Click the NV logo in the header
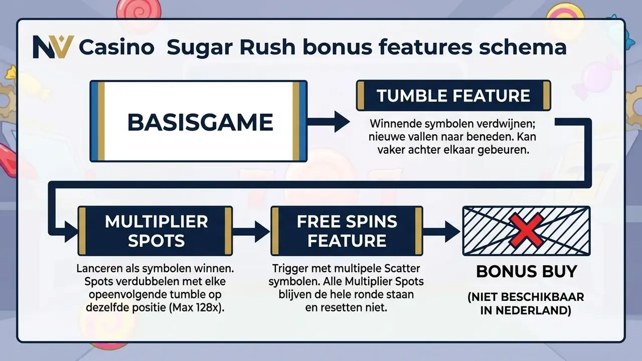[53, 47]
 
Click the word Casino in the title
[116, 47]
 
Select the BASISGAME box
[199, 121]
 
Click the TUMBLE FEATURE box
[453, 95]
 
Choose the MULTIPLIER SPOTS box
[155, 231]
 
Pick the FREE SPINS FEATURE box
[347, 231]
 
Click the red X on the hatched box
[526, 231]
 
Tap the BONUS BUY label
[527, 271]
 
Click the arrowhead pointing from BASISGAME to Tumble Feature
[342, 121]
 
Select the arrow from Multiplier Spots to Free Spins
[251, 231]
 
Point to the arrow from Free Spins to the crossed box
[442, 231]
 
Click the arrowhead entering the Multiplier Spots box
[71, 232]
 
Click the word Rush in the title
[268, 47]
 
